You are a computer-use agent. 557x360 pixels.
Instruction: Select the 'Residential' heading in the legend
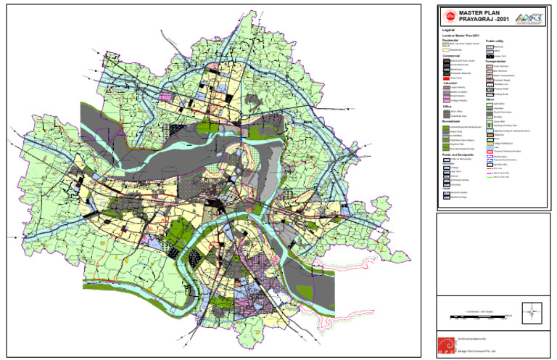[x=451, y=40]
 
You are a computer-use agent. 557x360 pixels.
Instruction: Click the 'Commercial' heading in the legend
[x=452, y=56]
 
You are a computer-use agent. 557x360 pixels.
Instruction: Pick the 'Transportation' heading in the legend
[x=500, y=62]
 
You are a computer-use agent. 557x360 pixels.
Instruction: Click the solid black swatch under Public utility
[x=490, y=56]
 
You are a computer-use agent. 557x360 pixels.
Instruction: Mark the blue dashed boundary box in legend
[x=490, y=160]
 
